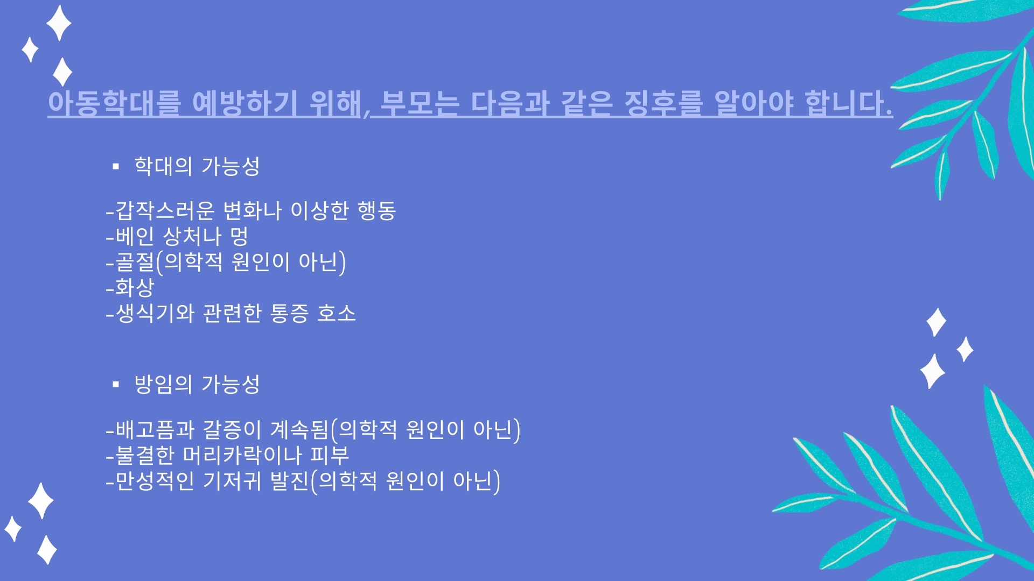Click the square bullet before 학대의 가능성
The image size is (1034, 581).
click(x=116, y=167)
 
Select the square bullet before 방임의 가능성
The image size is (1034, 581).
click(x=116, y=384)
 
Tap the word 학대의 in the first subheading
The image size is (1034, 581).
click(x=163, y=166)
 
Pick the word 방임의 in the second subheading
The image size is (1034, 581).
click(x=163, y=384)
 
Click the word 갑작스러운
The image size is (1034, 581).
click(x=165, y=210)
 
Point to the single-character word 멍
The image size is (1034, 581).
click(x=239, y=236)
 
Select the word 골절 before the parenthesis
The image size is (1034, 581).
click(x=135, y=261)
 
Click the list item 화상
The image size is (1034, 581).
click(x=135, y=287)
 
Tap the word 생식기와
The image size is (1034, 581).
click(x=155, y=313)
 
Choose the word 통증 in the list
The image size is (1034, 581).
click(x=289, y=313)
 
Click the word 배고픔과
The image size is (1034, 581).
click(x=155, y=429)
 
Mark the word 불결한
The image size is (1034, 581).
click(x=145, y=455)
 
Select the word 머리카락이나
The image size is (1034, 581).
click(x=243, y=455)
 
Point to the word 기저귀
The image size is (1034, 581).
click(x=232, y=480)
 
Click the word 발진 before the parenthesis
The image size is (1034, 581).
click(x=290, y=480)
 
